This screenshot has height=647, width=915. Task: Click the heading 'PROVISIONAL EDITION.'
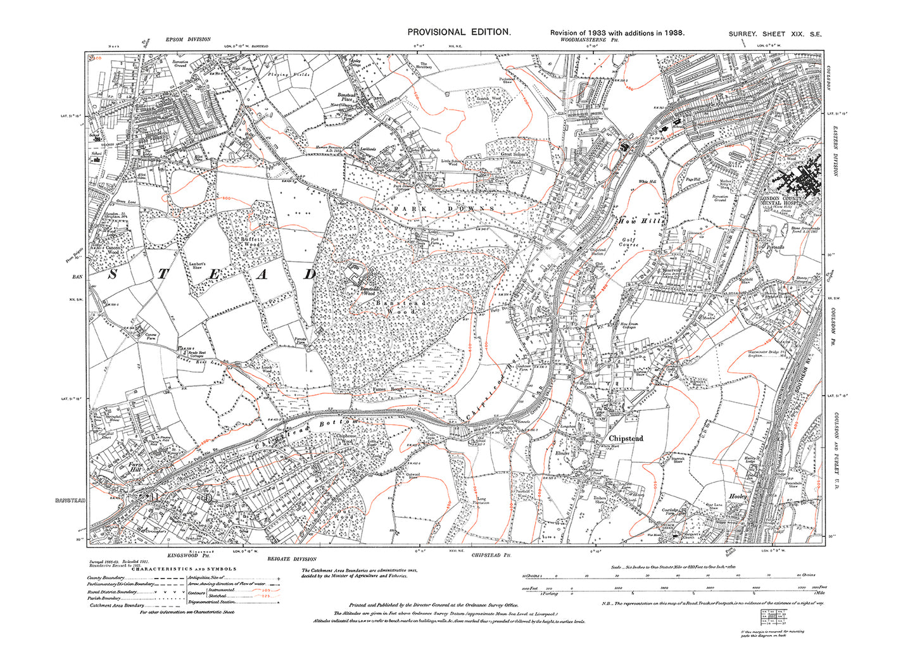458,32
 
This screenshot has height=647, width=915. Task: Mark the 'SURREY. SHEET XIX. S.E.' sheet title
774,34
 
